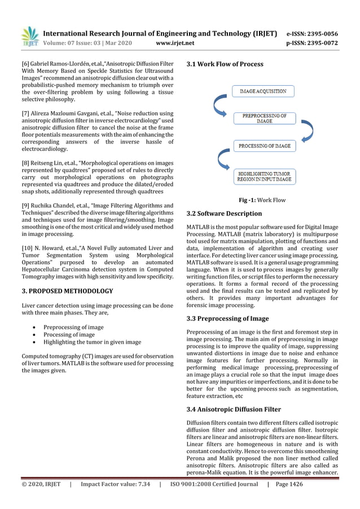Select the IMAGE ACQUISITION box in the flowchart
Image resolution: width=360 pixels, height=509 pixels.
[263, 91]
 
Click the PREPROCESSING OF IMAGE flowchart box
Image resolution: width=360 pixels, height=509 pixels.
[264, 119]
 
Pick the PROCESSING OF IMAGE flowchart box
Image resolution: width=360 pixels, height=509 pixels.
[264, 146]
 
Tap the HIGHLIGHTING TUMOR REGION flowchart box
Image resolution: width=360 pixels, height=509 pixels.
[264, 176]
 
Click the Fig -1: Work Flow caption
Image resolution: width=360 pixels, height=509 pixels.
[262, 200]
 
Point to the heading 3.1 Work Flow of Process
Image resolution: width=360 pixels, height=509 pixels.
[225, 64]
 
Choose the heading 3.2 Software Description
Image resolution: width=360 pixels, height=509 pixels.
[224, 214]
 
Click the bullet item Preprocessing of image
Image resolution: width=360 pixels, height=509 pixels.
[73, 327]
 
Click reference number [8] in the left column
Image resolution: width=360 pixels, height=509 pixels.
[26, 163]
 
